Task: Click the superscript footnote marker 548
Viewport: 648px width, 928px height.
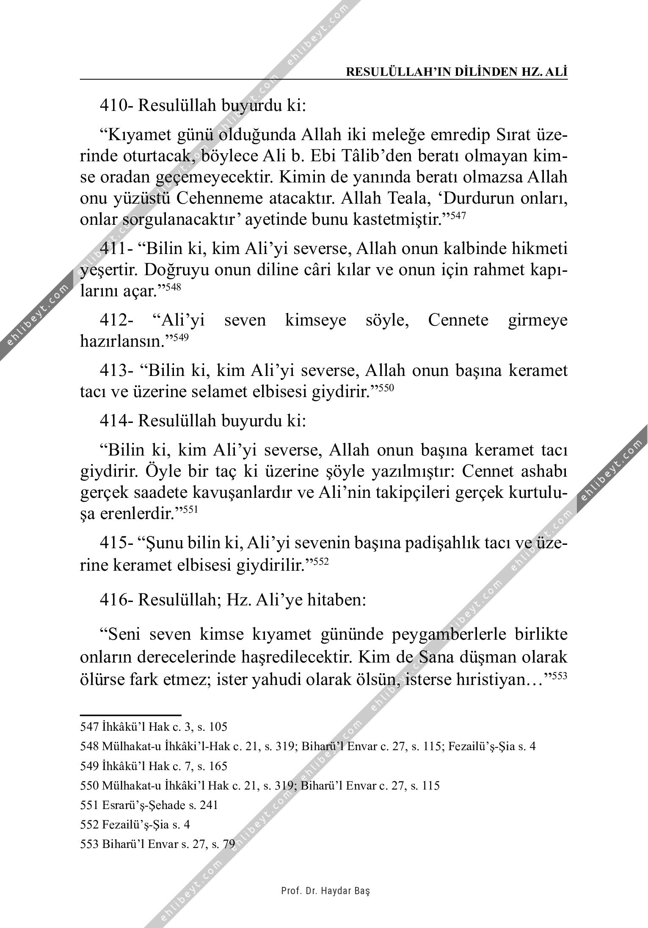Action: [x=173, y=287]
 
